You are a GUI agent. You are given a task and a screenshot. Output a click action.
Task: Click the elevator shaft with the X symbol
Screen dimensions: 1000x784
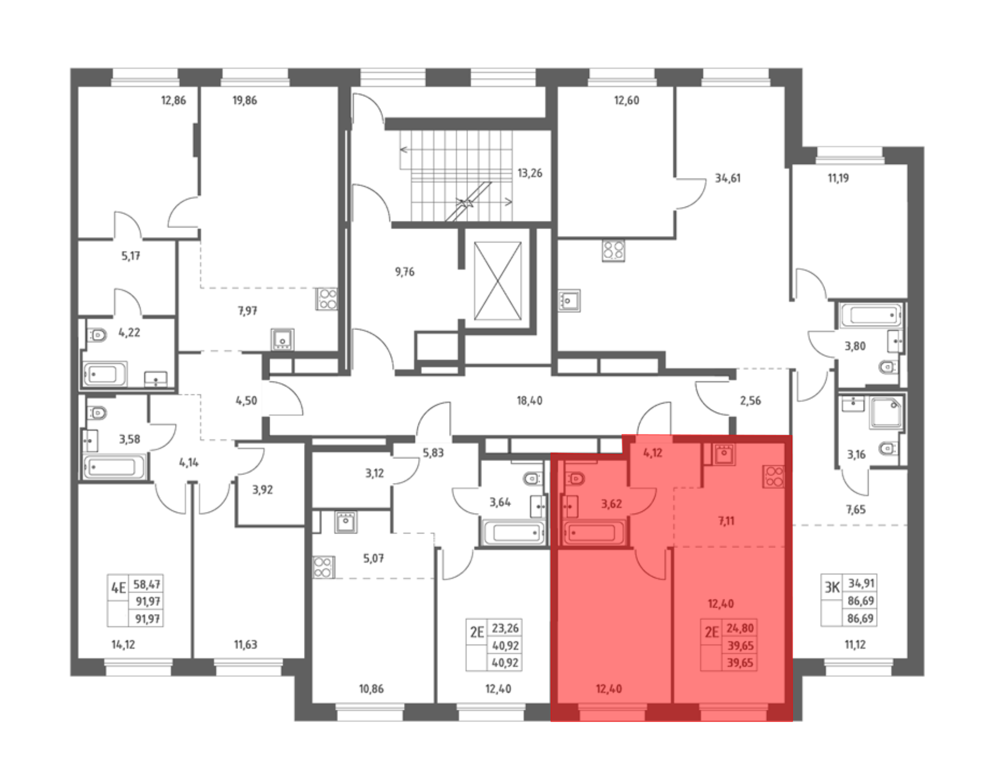coord(497,280)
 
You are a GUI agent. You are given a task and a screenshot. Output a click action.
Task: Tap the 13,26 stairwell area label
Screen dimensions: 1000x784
coord(529,173)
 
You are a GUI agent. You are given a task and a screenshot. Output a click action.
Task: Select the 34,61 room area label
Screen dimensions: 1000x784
coord(727,178)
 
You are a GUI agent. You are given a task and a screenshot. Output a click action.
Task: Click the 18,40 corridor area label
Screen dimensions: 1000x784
coord(529,400)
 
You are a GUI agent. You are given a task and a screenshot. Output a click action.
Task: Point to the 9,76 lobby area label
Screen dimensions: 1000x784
coord(404,272)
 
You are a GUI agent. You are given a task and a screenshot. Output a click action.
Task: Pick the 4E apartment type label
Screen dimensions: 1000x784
coord(118,587)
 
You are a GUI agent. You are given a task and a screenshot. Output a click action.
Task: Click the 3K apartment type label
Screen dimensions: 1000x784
coord(832,587)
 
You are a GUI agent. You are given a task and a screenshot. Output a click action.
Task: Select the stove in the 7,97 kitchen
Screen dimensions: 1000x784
coord(327,299)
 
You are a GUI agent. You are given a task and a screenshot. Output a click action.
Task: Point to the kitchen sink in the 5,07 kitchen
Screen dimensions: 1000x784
coord(345,522)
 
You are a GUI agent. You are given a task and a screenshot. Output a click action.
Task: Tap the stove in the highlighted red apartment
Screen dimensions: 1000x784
coord(773,476)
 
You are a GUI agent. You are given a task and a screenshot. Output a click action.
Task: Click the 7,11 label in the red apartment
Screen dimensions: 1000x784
coord(726,521)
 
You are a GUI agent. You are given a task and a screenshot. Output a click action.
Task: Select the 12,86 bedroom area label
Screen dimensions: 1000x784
coord(173,100)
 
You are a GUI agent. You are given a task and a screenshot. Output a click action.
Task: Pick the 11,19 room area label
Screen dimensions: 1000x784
coord(838,178)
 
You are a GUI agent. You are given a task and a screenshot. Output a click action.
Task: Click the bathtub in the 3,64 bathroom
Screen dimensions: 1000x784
coord(514,533)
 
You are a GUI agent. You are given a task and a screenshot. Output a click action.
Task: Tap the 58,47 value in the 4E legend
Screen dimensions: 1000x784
coord(147,584)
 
